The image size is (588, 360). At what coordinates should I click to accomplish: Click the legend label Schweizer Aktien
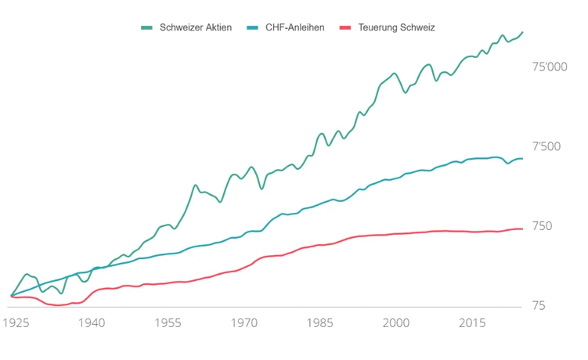pyautogui.click(x=196, y=27)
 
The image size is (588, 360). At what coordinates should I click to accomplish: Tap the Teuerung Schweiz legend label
pyautogui.click(x=396, y=27)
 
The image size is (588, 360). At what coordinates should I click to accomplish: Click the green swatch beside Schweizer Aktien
pyautogui.click(x=146, y=27)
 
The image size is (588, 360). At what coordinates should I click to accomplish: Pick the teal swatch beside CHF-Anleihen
pyautogui.click(x=253, y=27)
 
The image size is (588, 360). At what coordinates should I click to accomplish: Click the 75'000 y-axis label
pyautogui.click(x=550, y=68)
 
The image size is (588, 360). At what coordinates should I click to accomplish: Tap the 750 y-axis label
pyautogui.click(x=543, y=227)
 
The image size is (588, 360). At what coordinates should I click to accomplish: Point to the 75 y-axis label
pyautogui.click(x=539, y=306)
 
